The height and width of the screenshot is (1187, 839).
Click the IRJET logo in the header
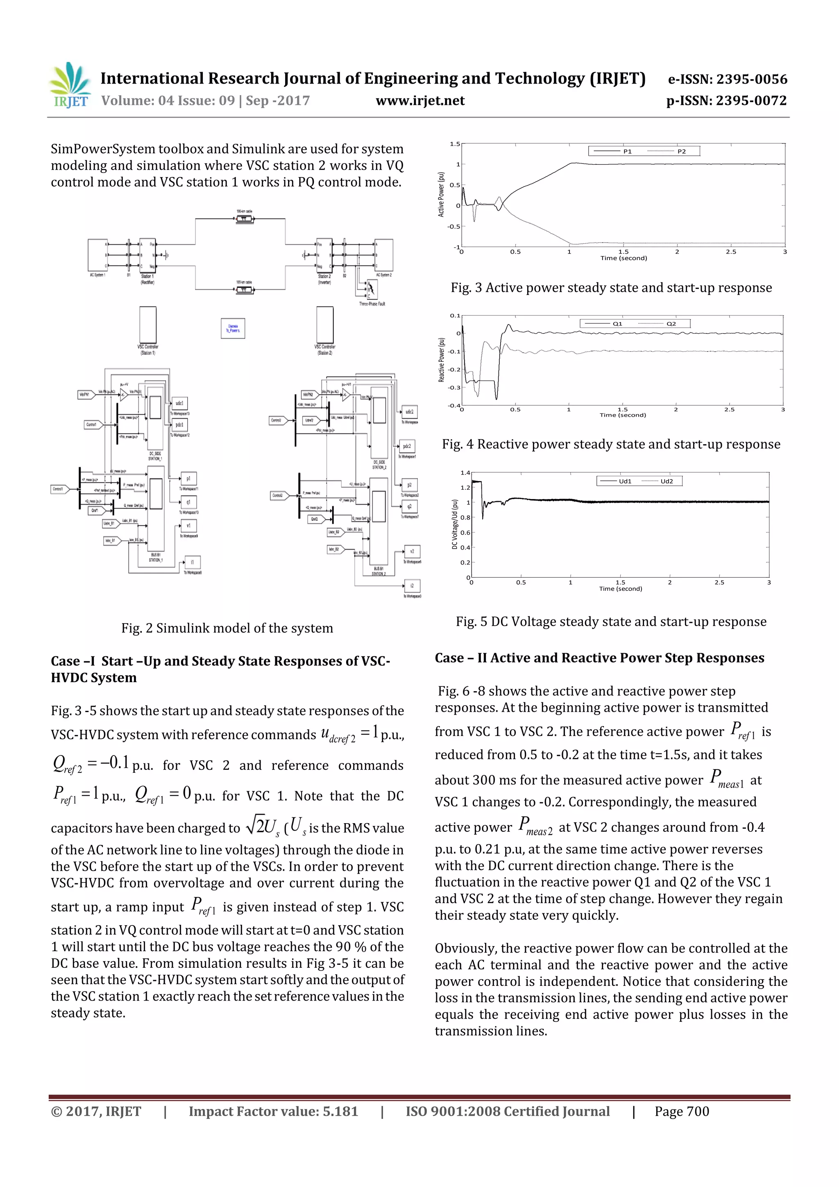(70, 85)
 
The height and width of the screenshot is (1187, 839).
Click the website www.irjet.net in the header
(420, 101)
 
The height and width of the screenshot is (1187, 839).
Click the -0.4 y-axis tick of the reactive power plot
(454, 405)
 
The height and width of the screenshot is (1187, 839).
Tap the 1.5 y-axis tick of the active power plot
(454, 144)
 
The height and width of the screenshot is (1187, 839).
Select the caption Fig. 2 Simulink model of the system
(227, 628)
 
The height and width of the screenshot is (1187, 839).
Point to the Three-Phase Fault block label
(372, 304)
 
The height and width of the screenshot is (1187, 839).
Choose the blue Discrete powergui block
(233, 328)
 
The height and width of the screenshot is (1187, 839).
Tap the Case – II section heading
(599, 658)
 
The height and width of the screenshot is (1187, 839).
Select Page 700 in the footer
(682, 1111)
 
